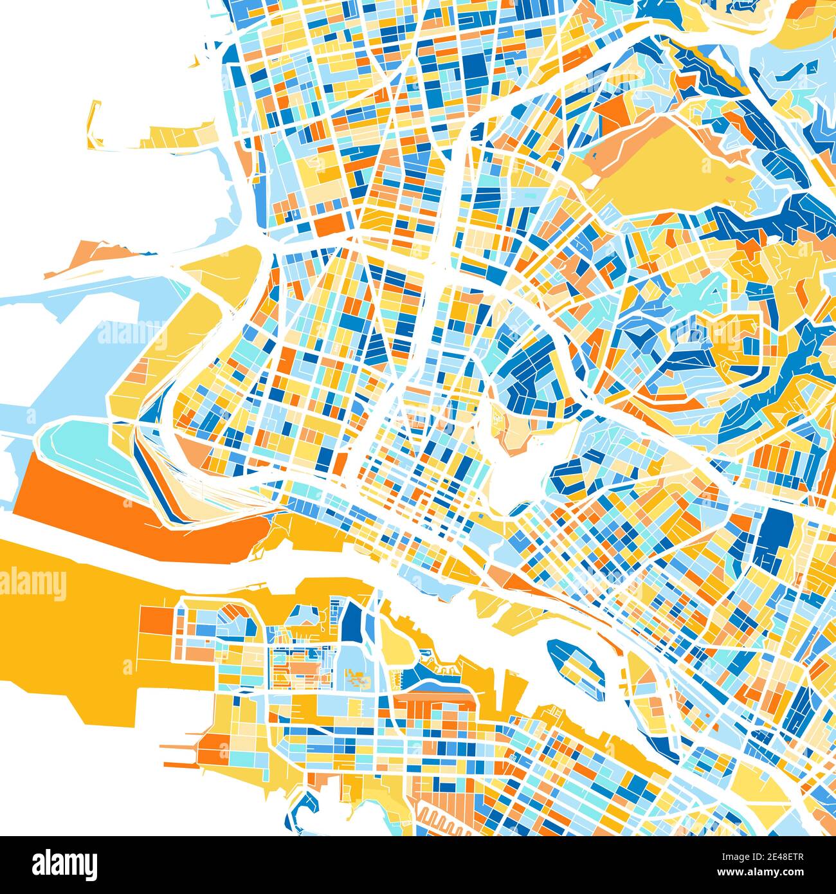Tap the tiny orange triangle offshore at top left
pyautogui.click(x=194, y=62)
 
